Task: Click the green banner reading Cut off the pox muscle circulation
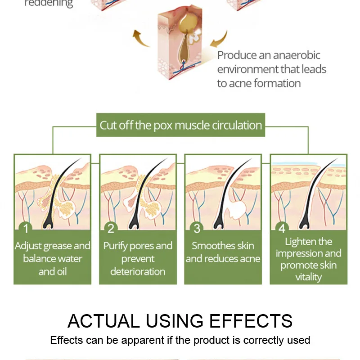pyautogui.click(x=180, y=125)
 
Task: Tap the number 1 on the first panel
pyautogui.click(x=26, y=229)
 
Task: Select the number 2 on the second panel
pyautogui.click(x=111, y=229)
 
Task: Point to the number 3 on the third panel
pyautogui.click(x=197, y=229)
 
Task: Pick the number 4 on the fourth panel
pyautogui.click(x=282, y=229)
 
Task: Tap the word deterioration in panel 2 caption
pyautogui.click(x=137, y=271)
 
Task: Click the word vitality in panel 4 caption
pyautogui.click(x=308, y=277)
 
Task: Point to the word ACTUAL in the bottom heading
pyautogui.click(x=103, y=321)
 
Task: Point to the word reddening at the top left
pyautogui.click(x=48, y=4)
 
